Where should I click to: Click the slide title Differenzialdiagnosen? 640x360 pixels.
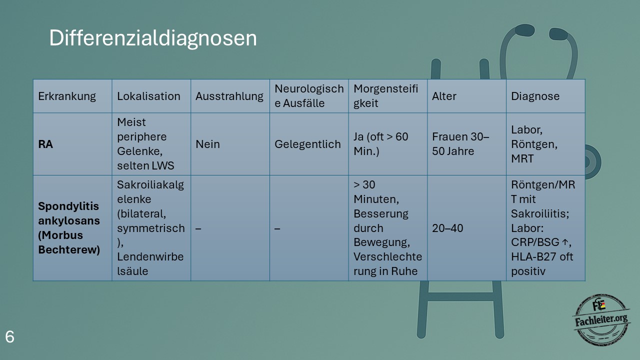pyautogui.click(x=153, y=38)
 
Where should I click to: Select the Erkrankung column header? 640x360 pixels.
pyautogui.click(x=67, y=96)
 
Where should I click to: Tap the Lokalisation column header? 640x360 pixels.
pyautogui.click(x=148, y=96)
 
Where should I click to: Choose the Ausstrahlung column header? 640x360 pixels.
pyautogui.click(x=229, y=96)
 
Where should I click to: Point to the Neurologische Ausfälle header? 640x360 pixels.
pyautogui.click(x=309, y=96)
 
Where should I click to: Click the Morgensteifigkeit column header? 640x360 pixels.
pyautogui.click(x=385, y=96)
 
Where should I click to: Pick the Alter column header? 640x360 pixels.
pyautogui.click(x=444, y=96)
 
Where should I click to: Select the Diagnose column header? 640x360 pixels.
pyautogui.click(x=535, y=96)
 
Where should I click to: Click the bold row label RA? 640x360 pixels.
pyautogui.click(x=45, y=144)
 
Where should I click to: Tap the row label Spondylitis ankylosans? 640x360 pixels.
pyautogui.click(x=69, y=213)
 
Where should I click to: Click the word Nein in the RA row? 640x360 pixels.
pyautogui.click(x=207, y=144)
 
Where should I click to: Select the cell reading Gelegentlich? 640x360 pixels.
pyautogui.click(x=307, y=144)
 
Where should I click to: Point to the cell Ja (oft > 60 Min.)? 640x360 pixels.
pyautogui.click(x=381, y=144)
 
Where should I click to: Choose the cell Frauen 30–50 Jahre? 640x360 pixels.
pyautogui.click(x=460, y=144)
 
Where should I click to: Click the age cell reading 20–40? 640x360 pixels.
pyautogui.click(x=447, y=228)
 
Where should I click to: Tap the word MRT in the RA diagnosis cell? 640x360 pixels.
pyautogui.click(x=522, y=159)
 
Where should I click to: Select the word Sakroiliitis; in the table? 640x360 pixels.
pyautogui.click(x=540, y=213)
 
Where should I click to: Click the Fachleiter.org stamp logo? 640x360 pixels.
pyautogui.click(x=601, y=319)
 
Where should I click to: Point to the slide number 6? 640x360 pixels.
pyautogui.click(x=9, y=337)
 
